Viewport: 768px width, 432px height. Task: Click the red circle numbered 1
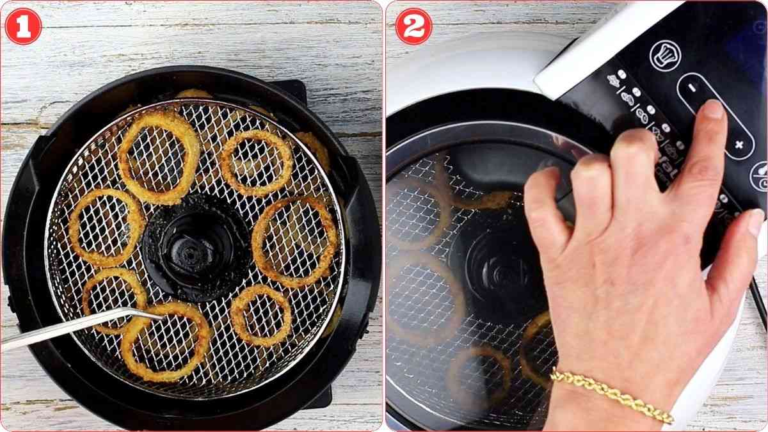pyautogui.click(x=23, y=26)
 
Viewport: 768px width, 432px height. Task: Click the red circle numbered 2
pyautogui.click(x=413, y=26)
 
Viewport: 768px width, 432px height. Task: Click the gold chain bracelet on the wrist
pyautogui.click(x=611, y=394)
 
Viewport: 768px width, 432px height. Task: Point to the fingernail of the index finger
pyautogui.click(x=712, y=109)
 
